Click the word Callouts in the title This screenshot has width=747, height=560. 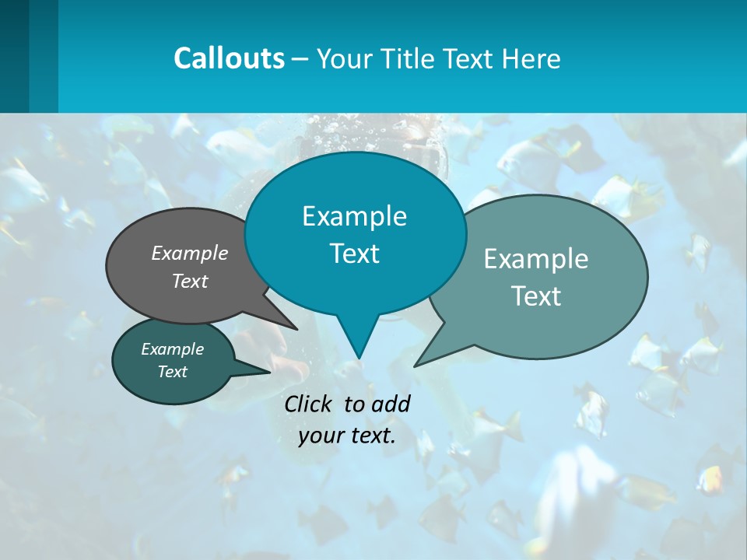pos(229,58)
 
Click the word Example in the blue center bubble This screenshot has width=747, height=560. pos(354,216)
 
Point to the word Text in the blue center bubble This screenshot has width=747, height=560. pos(354,254)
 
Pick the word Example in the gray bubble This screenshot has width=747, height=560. pos(190,254)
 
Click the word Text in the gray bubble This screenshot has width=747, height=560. pos(190,282)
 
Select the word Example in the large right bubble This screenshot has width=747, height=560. pos(535,259)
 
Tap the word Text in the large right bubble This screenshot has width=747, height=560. pos(535,296)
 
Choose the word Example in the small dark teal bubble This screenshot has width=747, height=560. pos(172,349)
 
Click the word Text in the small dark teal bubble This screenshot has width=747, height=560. pos(172,372)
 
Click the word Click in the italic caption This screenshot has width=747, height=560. pos(310,404)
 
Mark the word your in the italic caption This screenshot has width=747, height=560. pos(320,436)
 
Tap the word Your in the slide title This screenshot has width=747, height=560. pos(342,59)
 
